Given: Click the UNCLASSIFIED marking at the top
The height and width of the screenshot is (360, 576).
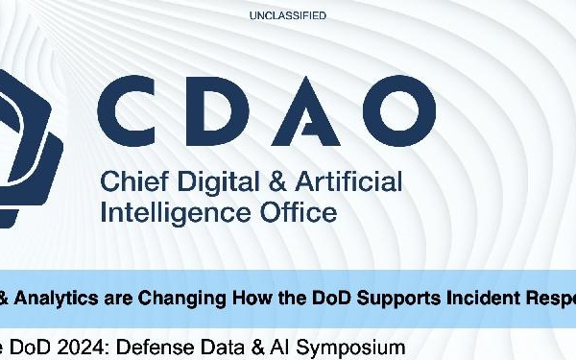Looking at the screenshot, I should [288, 15].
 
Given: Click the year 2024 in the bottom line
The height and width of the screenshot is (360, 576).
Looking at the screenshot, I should [70, 345].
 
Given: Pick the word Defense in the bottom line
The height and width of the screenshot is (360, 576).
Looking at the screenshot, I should [136, 345].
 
